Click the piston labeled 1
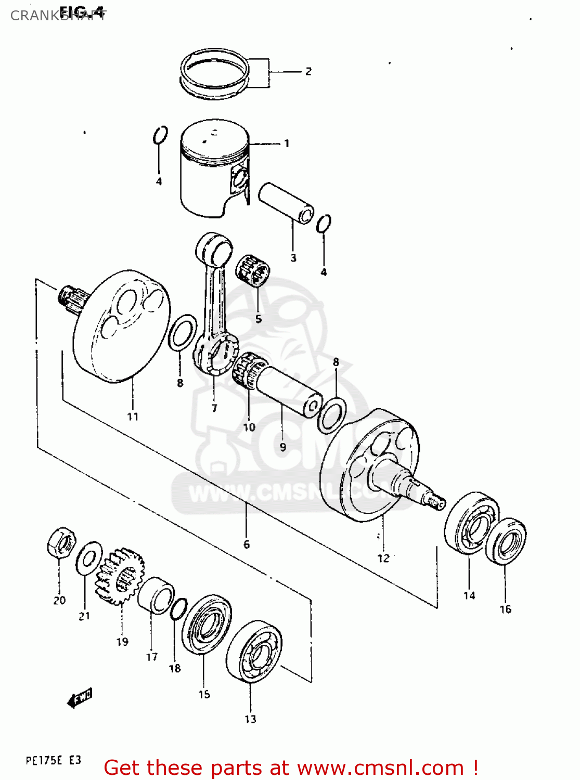coord(213,169)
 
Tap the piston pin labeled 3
coord(286,203)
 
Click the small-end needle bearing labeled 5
coord(253,270)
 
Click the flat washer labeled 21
coord(89,558)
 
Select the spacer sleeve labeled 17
coord(156,594)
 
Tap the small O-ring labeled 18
coord(178,609)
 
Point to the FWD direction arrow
coord(80,698)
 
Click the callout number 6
coord(247,544)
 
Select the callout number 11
coord(133,417)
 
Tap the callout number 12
coord(383,558)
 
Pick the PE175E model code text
coord(44,761)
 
